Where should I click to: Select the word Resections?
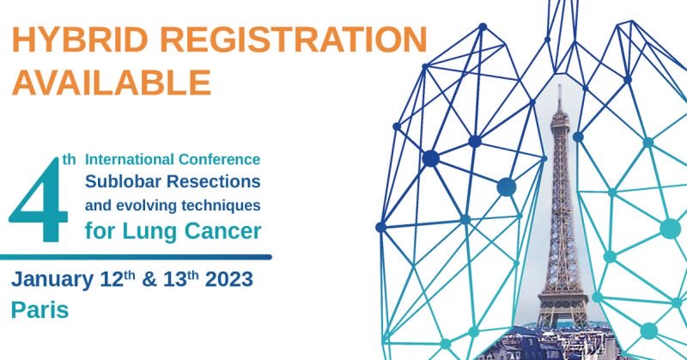(210, 182)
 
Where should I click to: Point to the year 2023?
(238, 280)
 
